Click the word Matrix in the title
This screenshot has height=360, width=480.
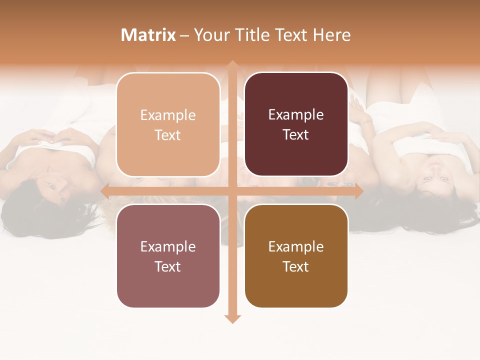point(148,35)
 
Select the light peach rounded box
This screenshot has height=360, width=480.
point(168,124)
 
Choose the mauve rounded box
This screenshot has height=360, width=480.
point(168,256)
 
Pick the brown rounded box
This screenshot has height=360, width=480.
point(296,256)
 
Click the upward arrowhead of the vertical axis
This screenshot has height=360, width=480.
point(232,65)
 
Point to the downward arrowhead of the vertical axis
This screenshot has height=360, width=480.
point(232,319)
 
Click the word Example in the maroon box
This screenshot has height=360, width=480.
point(296,114)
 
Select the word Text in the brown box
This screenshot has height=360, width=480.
point(296,266)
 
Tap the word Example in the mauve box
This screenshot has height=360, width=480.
point(168,246)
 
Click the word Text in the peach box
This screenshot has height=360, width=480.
point(168,135)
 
